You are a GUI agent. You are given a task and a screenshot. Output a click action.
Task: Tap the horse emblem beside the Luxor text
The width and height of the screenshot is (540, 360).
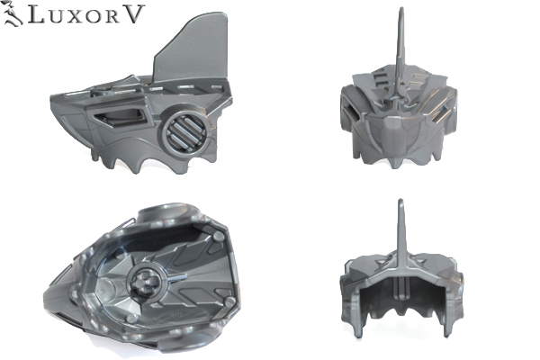13,14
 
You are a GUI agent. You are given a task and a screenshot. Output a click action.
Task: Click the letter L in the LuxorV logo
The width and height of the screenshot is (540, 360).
36,14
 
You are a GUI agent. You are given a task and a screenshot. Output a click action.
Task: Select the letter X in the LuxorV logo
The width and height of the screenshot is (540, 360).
74,17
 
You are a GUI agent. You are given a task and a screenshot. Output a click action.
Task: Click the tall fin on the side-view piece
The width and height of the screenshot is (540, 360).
193,49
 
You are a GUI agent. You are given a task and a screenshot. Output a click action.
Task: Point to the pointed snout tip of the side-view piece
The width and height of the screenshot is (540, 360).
51,97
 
